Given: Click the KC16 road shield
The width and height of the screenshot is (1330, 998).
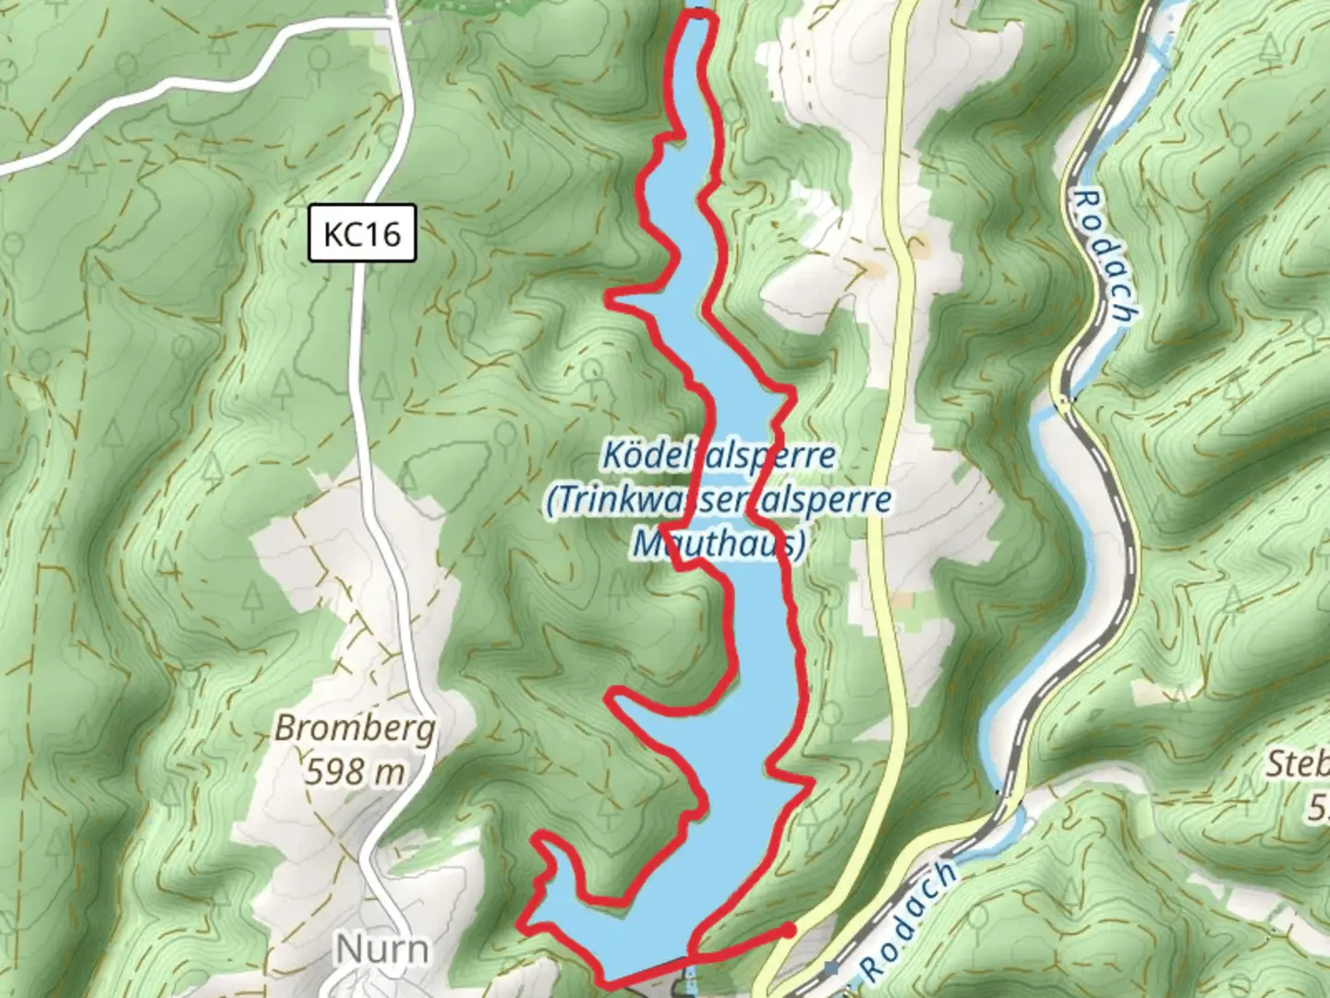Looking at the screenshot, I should coord(362,234).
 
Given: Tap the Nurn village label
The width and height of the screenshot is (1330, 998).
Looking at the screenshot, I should coord(381,949).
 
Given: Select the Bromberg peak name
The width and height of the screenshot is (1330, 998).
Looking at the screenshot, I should coord(356,729).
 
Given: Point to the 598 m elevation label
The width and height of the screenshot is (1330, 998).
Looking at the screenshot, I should coord(356,771).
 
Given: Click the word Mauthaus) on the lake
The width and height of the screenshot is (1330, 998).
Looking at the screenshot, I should coord(719,544).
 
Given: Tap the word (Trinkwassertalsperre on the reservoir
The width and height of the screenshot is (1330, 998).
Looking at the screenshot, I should coord(719,500).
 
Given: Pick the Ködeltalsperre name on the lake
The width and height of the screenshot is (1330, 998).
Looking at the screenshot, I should coord(719,455).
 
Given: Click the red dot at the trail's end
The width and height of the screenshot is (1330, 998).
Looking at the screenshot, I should coord(788,930).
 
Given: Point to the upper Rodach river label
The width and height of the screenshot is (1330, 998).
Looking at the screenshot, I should coord(1105,256).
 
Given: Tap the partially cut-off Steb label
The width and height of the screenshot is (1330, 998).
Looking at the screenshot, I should coord(1298,765).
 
